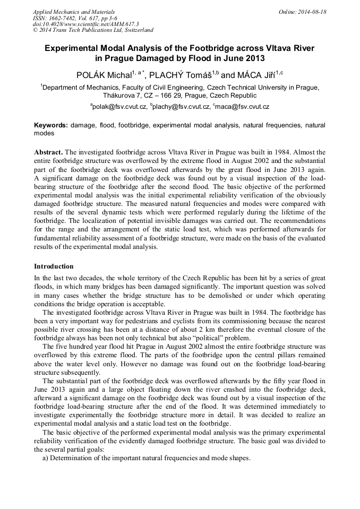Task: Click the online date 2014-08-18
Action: click(x=310, y=12)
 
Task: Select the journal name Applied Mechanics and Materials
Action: click(x=73, y=12)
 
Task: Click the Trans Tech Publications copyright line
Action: click(x=93, y=30)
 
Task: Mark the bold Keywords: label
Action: click(x=51, y=125)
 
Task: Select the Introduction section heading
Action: click(x=54, y=266)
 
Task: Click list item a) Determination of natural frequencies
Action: click(x=146, y=459)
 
